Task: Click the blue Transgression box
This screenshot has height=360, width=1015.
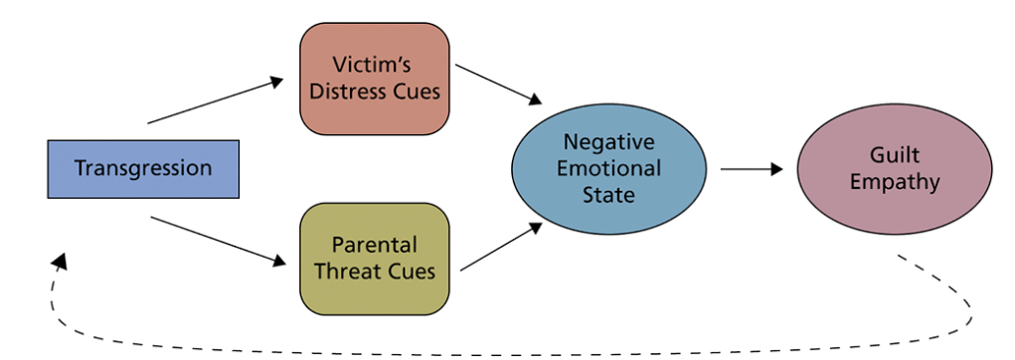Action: [143, 168]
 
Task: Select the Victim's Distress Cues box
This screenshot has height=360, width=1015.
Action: [374, 79]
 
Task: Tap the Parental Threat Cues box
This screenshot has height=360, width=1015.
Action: [374, 258]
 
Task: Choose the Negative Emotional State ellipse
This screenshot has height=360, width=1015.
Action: [608, 168]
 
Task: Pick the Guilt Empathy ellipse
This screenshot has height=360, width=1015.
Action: [894, 168]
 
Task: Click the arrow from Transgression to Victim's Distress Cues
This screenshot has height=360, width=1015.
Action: [216, 100]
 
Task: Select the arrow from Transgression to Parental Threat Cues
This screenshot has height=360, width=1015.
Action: [217, 240]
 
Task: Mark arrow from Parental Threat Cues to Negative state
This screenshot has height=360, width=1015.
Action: [502, 246]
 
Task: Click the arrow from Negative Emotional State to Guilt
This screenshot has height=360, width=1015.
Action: [752, 168]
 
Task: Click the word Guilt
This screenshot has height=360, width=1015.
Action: [894, 156]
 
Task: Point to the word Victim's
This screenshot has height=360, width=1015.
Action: [375, 66]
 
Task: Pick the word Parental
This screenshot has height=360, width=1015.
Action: [375, 245]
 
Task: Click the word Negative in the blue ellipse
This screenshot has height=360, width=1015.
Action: [608, 142]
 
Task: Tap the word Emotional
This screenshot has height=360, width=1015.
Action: [608, 168]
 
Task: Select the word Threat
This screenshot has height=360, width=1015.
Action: [361, 270]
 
